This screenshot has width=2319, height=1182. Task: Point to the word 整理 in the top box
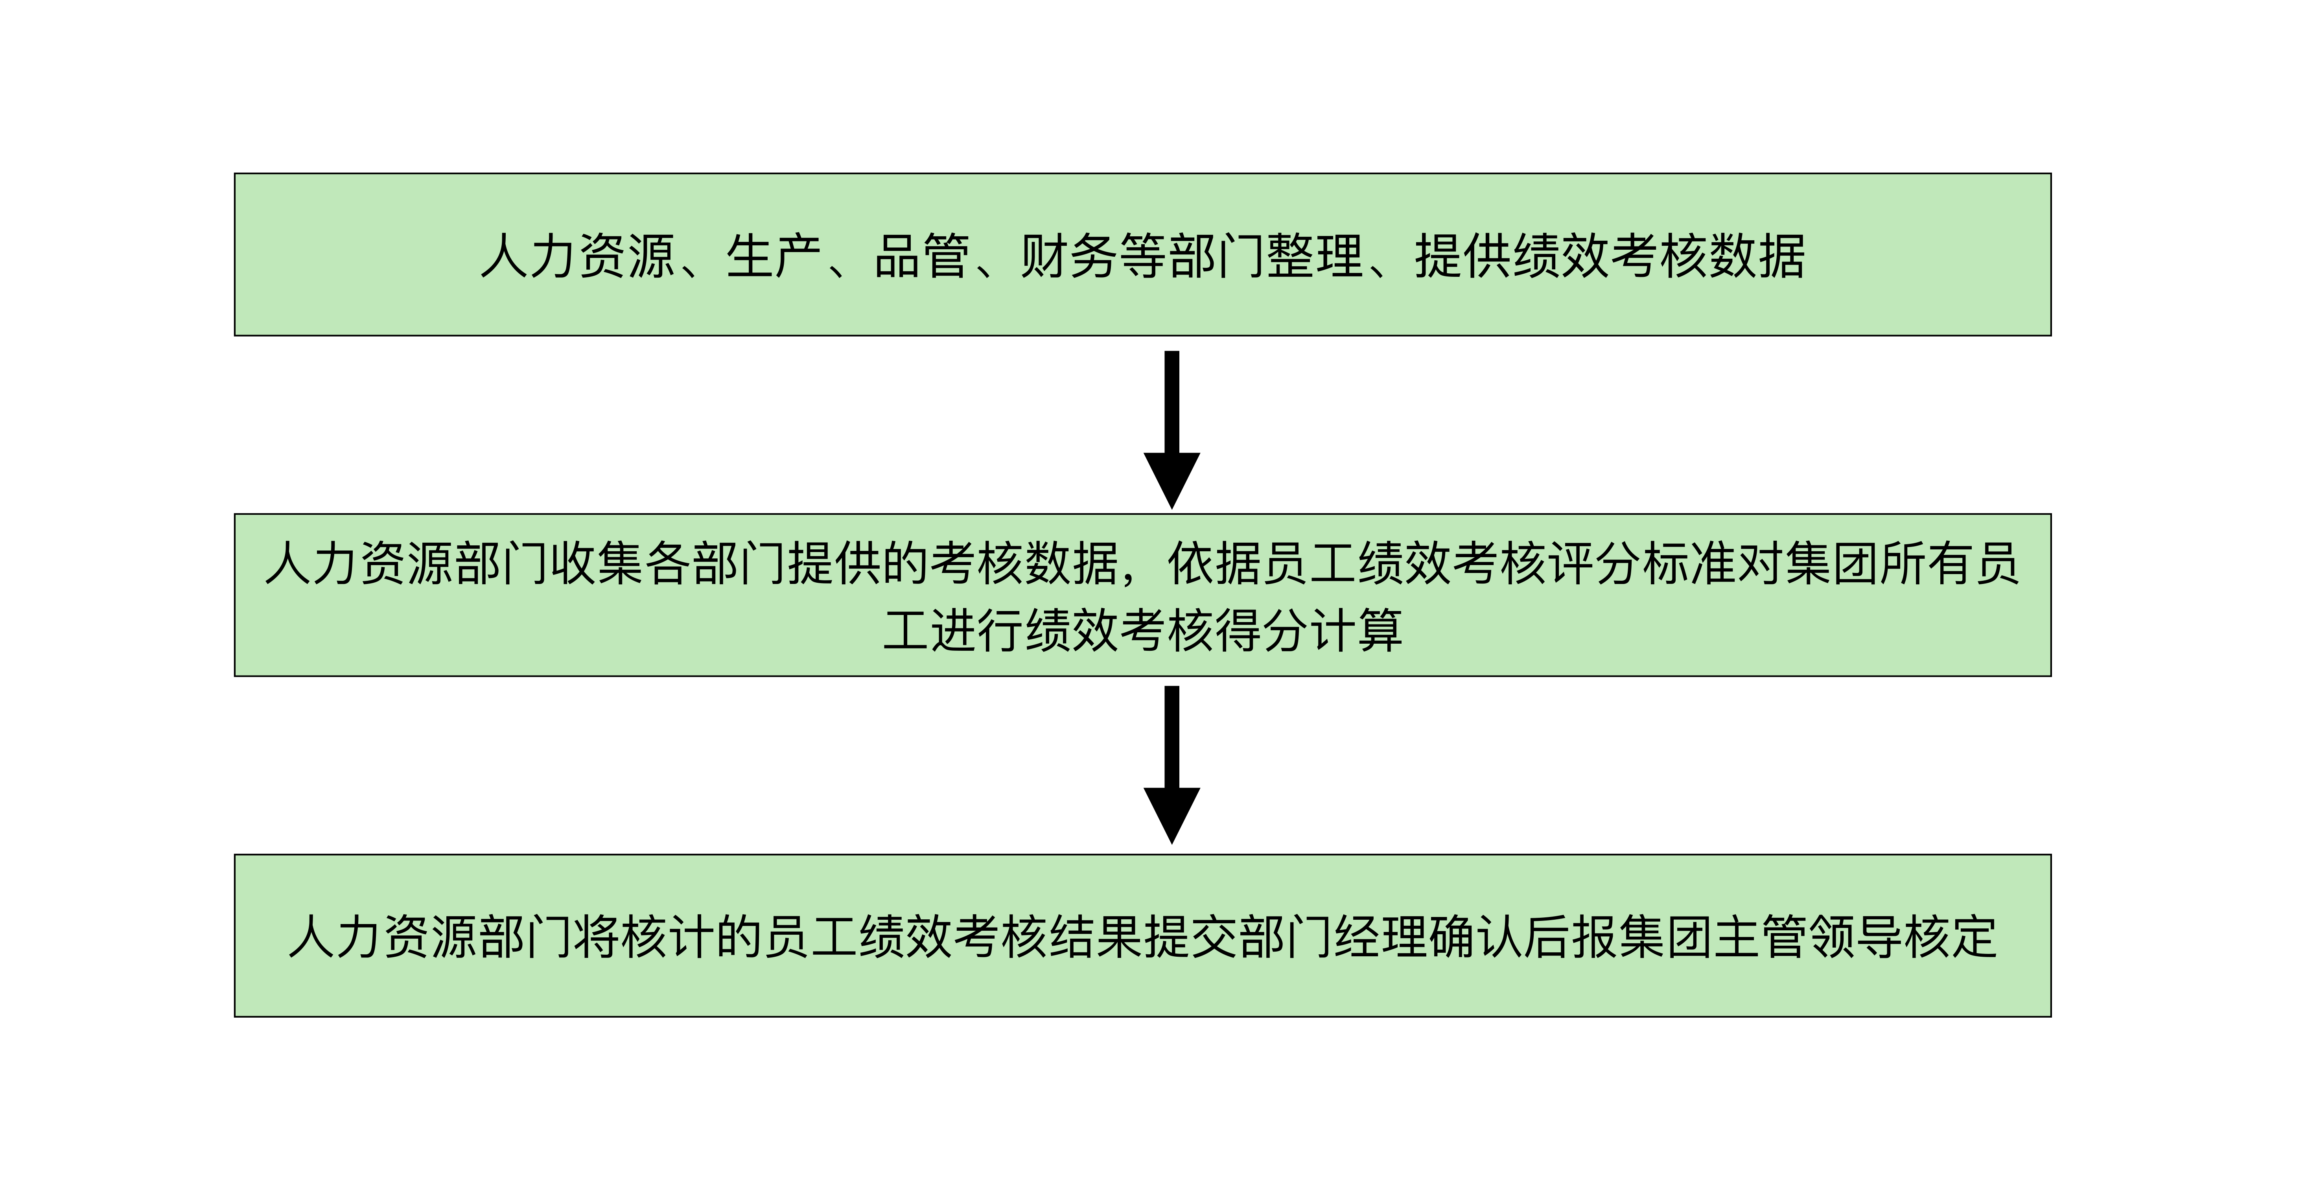pos(1314,256)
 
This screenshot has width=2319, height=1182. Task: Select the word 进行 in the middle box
pos(977,630)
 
